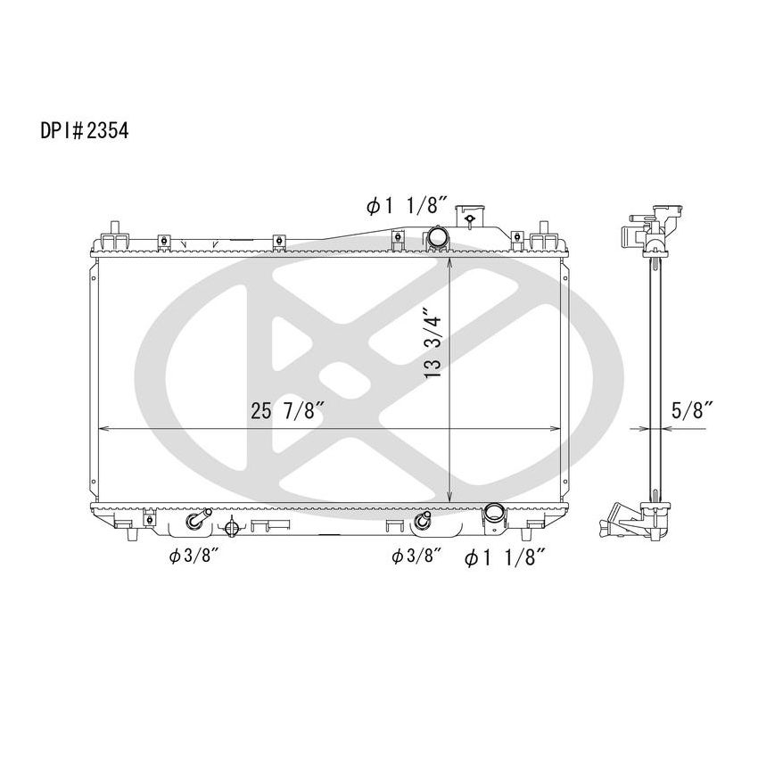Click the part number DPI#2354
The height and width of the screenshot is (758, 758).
click(84, 131)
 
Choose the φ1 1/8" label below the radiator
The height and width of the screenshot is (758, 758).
click(505, 557)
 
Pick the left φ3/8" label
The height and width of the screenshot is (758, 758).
click(194, 556)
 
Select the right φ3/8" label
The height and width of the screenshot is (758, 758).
click(417, 556)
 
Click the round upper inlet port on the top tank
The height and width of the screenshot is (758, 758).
click(437, 238)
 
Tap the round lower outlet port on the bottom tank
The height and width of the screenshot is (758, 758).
click(493, 514)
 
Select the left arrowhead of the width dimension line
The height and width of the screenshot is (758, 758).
click(102, 429)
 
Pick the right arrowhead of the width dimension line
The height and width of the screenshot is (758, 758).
click(555, 429)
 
